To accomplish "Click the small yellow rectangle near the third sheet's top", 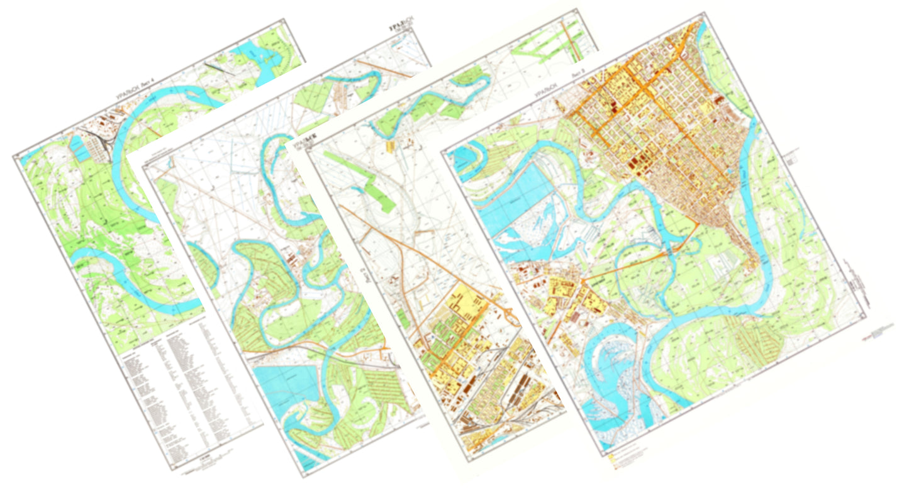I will tap(391, 146).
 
